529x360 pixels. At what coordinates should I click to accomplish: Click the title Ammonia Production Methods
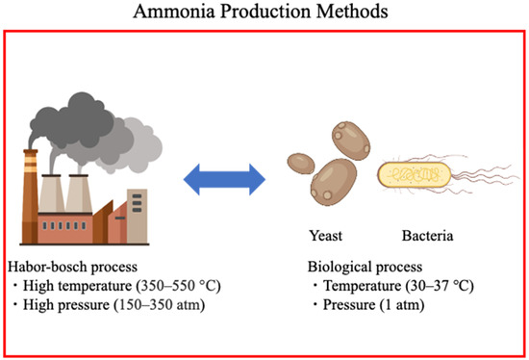click(x=264, y=13)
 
